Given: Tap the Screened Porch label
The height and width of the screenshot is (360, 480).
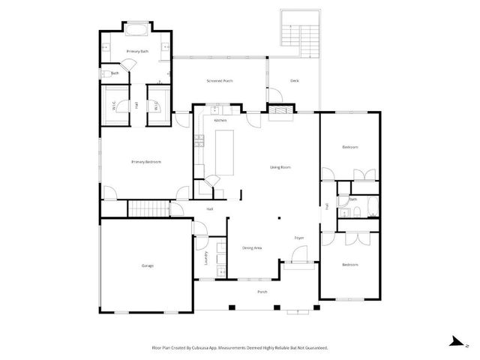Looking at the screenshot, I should (219, 80).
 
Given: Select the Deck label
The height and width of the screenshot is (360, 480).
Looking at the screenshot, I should (295, 80).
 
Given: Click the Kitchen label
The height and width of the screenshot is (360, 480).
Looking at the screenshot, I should (220, 120).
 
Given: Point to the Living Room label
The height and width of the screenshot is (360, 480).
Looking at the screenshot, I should (280, 167).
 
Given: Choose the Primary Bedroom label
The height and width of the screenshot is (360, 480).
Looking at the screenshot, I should (146, 162).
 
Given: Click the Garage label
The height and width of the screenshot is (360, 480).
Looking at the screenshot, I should (147, 265).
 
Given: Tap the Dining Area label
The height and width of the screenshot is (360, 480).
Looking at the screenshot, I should (252, 247).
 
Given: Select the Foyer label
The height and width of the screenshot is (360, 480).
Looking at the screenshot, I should (298, 238).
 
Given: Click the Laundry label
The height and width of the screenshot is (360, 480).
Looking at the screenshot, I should (206, 257).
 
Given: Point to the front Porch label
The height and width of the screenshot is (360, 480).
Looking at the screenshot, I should (262, 292).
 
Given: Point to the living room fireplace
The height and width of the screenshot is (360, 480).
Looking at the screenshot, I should (282, 115).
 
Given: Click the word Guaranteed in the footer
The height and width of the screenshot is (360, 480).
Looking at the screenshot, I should (313, 348).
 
